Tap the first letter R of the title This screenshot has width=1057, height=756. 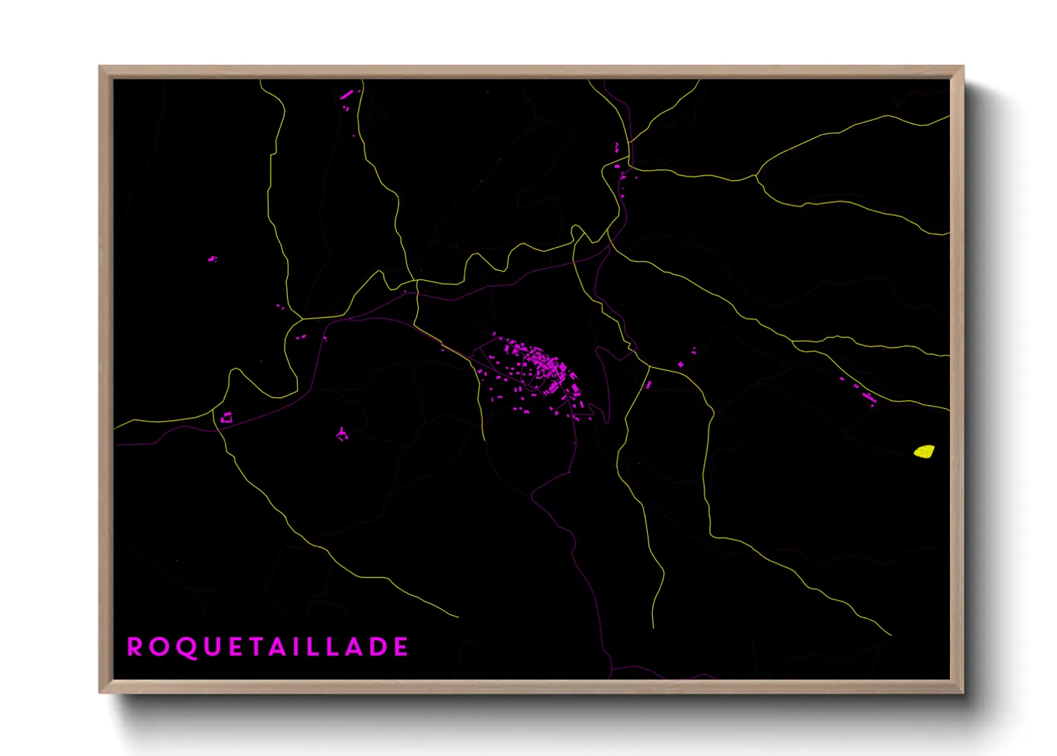point(134,647)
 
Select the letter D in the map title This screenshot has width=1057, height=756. point(379,647)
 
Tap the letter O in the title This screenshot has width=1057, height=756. point(159,647)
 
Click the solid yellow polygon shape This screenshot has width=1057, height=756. point(925,452)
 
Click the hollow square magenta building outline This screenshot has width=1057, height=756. point(226,417)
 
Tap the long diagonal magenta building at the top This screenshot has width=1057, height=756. point(347,94)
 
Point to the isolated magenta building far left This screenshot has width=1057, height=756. point(212,259)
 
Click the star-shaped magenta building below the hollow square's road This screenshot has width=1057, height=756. point(342,434)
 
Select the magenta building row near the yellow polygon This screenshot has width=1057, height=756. point(866,395)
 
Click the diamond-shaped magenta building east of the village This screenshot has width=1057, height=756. point(681,364)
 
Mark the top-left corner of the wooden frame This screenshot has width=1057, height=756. point(101,67)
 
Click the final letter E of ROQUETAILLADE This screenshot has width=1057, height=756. point(401,647)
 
